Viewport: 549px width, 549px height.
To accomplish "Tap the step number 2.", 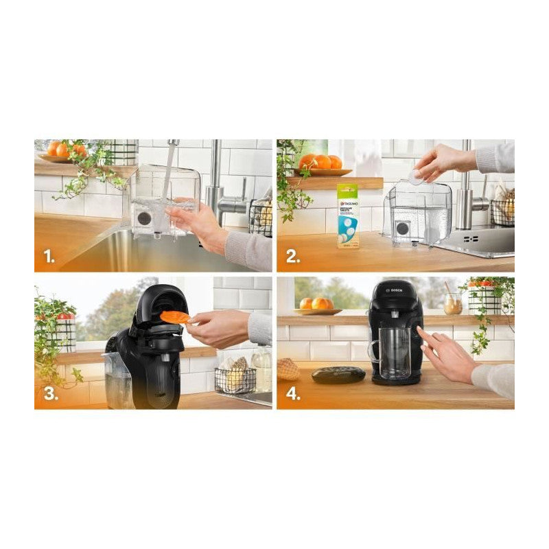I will (x=293, y=257).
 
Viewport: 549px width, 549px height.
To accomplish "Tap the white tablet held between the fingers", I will (x=416, y=176).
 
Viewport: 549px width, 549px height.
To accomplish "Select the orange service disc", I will (x=176, y=316).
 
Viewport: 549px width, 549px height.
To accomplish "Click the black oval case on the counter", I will (x=338, y=374).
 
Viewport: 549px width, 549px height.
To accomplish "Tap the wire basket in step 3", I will (x=235, y=379).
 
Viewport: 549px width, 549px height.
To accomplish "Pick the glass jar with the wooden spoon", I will (x=453, y=303).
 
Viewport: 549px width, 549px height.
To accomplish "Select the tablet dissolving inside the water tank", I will (x=430, y=235).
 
